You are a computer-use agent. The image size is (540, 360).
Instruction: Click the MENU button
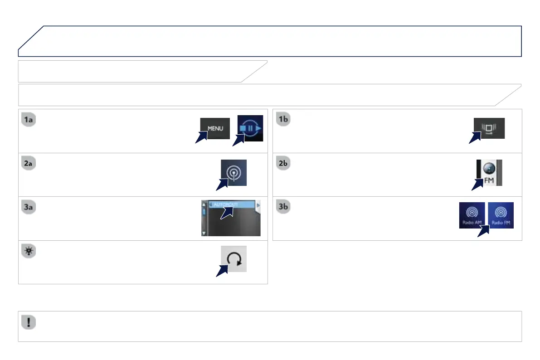[x=215, y=128]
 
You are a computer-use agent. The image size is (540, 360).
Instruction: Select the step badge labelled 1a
[x=29, y=120]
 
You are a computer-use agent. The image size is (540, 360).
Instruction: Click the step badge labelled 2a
[x=29, y=164]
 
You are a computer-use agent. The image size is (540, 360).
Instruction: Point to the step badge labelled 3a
[x=29, y=208]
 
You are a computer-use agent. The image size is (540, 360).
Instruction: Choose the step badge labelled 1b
[x=283, y=120]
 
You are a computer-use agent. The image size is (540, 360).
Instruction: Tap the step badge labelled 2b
[x=283, y=164]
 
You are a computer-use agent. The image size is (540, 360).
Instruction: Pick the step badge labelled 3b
[x=283, y=208]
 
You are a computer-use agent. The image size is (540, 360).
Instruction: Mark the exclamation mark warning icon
[x=29, y=322]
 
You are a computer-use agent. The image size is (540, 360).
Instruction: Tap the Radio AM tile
[x=472, y=215]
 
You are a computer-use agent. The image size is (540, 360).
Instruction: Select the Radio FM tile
[x=501, y=215]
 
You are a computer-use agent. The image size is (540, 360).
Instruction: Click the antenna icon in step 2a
[x=234, y=172]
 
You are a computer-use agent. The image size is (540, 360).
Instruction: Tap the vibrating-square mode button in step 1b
[x=489, y=128]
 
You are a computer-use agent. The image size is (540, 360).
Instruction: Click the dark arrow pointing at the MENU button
[x=202, y=137]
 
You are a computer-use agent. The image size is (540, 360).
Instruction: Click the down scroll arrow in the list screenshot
[x=204, y=233]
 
